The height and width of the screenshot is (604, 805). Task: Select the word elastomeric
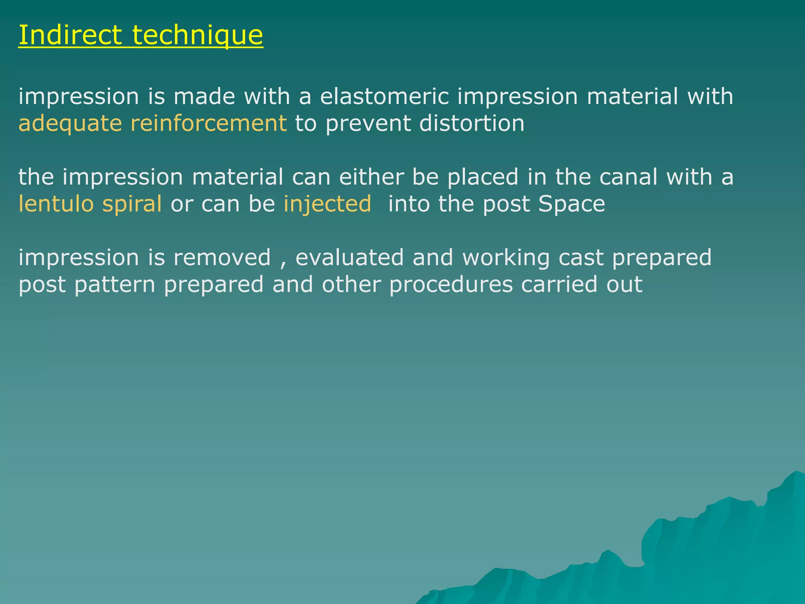pos(384,97)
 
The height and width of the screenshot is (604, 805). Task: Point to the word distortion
pos(472,123)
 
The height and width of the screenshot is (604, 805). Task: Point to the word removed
pos(222,258)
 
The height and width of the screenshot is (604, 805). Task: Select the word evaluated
pos(349,258)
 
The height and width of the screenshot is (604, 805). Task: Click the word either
pos(371,177)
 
